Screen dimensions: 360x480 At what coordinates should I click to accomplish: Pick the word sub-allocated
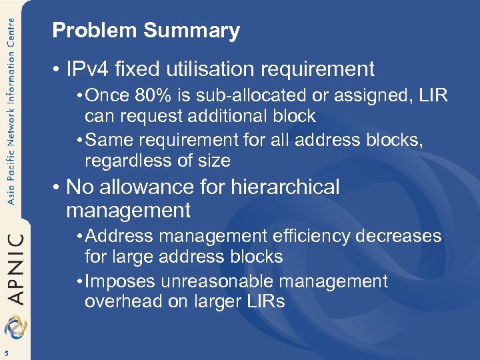[255, 95]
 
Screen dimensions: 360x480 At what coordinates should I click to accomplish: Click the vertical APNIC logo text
[14, 267]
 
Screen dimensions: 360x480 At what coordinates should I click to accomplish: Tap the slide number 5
[5, 353]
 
